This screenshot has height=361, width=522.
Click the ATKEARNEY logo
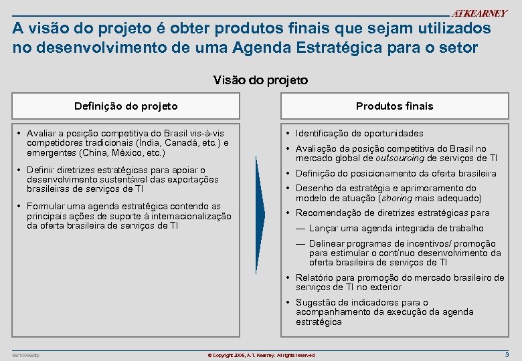[x=479, y=13]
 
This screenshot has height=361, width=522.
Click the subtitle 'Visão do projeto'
[x=260, y=80]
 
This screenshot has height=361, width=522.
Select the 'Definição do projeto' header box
[x=126, y=106]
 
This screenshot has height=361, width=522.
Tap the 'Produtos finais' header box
[x=394, y=106]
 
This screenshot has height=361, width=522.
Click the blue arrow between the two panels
[x=260, y=214]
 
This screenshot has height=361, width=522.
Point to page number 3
[x=507, y=354]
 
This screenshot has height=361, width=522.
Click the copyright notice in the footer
[x=261, y=355]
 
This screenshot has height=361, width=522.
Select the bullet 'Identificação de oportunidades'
[x=359, y=134]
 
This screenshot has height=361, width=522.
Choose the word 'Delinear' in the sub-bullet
[x=327, y=244]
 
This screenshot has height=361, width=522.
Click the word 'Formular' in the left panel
[x=46, y=207]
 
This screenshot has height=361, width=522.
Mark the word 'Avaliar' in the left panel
[x=43, y=134]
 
